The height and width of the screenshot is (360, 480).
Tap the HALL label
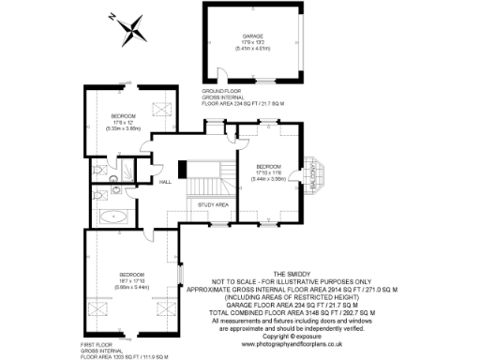[x=164, y=181]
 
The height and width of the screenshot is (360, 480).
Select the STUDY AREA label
[x=214, y=203]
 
